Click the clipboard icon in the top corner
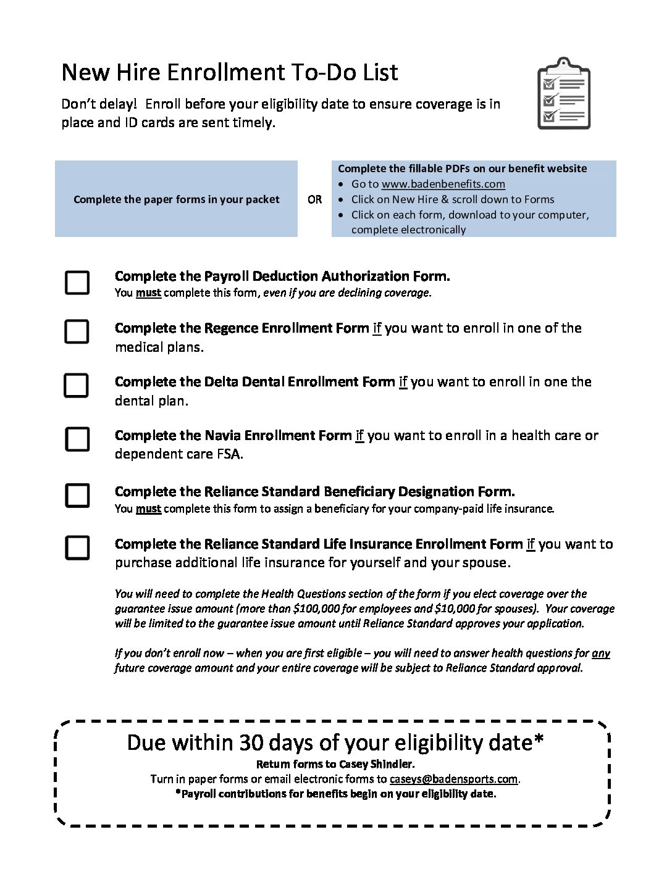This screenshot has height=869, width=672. pos(563,93)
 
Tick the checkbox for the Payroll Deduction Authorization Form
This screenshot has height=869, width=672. pos(77,282)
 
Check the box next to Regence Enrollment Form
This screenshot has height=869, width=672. pos(77,331)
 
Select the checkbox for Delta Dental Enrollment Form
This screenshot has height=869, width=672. pos(77,385)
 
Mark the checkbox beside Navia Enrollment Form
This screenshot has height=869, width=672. pos(77,439)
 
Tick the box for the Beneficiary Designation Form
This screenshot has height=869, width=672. pos(77,495)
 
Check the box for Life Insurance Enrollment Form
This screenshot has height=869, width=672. pos(77,547)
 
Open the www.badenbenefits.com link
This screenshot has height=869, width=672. pos(443,184)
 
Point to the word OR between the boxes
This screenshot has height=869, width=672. pos(314,199)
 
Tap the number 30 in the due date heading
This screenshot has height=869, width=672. pos(251,742)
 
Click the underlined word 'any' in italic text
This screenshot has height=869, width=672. pos(600,653)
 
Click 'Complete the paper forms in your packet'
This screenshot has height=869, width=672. pos(176,199)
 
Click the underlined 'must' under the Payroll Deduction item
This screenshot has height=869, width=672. pos(148,293)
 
